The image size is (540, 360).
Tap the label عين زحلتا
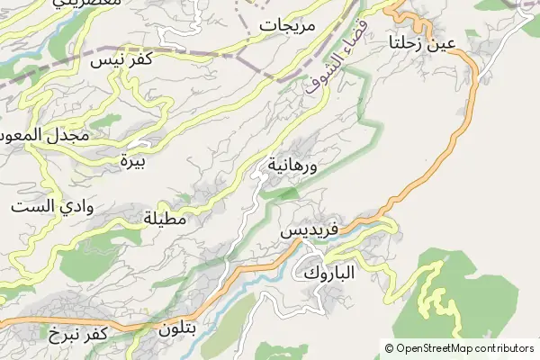coord(422,42)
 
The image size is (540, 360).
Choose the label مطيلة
coord(165,218)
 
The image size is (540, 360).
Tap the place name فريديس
coord(309,230)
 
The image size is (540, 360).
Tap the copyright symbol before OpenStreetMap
coord(389,348)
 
